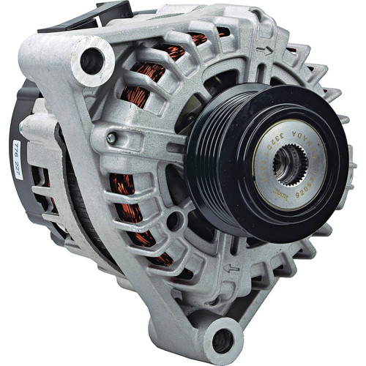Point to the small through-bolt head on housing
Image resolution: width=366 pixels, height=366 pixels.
click(x=111, y=137)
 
